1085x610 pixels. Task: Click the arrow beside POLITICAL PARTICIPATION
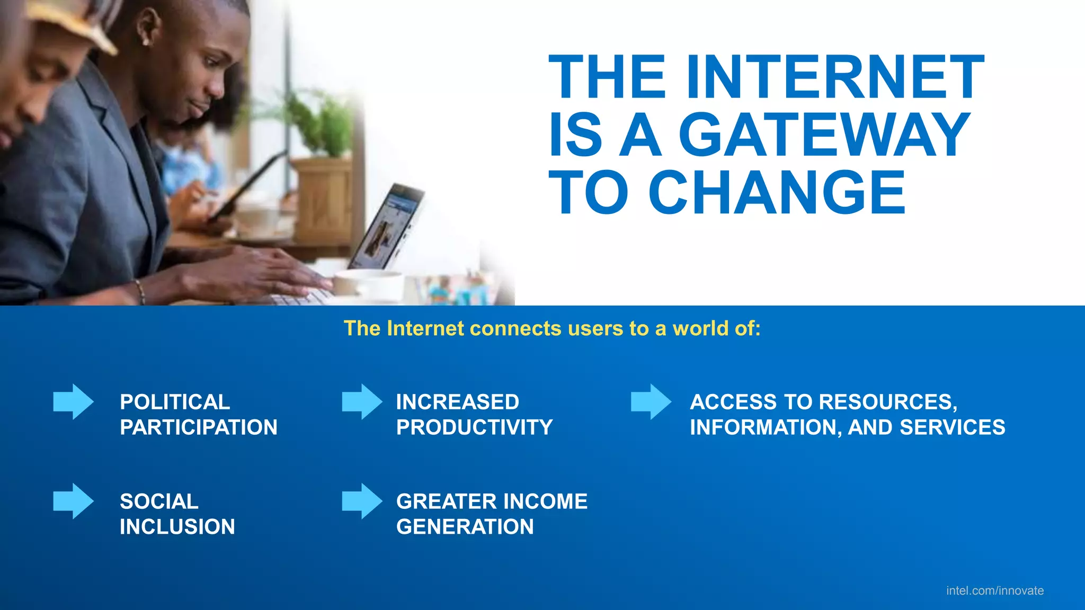pos(73,402)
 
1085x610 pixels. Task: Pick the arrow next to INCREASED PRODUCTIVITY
pos(362,402)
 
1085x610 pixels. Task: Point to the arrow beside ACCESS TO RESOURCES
pos(651,402)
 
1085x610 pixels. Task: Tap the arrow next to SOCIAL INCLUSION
pos(73,501)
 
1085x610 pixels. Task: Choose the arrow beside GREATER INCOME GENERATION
pos(362,501)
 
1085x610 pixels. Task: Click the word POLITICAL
pos(175,402)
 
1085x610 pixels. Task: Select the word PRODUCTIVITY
pos(474,427)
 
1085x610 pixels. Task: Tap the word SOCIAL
pos(159,501)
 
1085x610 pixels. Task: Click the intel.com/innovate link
pos(994,590)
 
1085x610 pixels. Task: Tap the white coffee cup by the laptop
pos(366,283)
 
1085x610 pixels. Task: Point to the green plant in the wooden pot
pos(321,124)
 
